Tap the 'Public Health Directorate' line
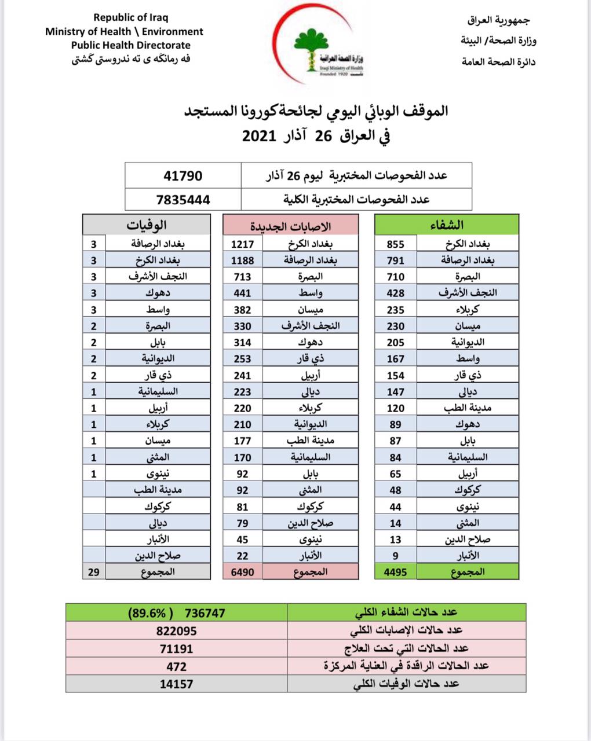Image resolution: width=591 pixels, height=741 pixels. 130,45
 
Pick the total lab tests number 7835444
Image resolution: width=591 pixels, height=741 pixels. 183,200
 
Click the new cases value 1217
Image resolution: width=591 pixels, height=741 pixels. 242,244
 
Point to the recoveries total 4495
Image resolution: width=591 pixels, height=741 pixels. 396,572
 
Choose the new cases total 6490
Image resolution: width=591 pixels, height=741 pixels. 242,572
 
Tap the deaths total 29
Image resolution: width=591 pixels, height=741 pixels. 94,572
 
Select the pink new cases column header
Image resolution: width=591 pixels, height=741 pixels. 291,225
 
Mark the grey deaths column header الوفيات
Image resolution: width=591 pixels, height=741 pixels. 146,225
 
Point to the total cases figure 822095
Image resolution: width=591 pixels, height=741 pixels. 176,631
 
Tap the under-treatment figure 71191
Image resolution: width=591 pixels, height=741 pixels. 176,649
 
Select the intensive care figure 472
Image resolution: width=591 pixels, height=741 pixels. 176,666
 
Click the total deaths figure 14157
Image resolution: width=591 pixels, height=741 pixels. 176,684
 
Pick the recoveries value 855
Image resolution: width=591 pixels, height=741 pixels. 395,244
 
